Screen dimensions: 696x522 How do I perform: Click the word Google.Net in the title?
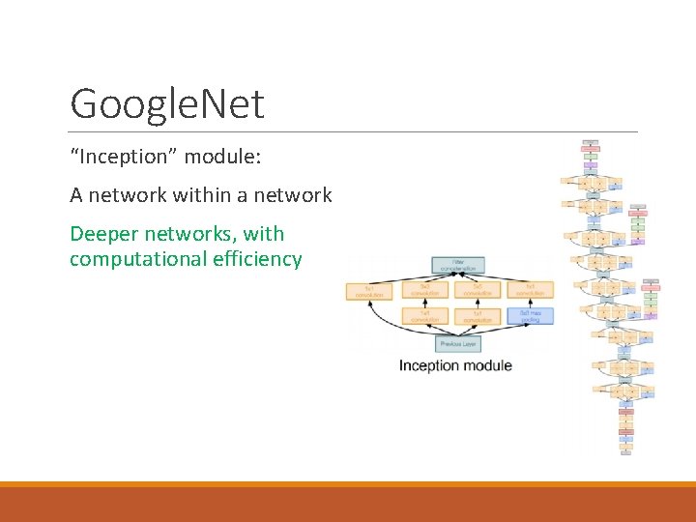pyautogui.click(x=167, y=103)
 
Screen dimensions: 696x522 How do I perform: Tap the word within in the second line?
pyautogui.click(x=203, y=195)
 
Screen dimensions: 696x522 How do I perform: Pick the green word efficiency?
pyautogui.click(x=257, y=259)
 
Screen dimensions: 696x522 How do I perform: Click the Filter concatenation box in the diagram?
pyautogui.click(x=457, y=265)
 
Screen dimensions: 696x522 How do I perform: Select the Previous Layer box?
pyautogui.click(x=457, y=343)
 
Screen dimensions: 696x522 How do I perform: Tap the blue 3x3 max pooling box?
pyautogui.click(x=530, y=316)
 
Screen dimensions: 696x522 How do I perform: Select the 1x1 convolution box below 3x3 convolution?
pyautogui.click(x=424, y=316)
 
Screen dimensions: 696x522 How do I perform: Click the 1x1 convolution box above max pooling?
pyautogui.click(x=530, y=289)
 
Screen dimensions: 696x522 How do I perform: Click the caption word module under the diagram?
pyautogui.click(x=488, y=365)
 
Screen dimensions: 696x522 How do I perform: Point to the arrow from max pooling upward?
pyautogui.click(x=530, y=303)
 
